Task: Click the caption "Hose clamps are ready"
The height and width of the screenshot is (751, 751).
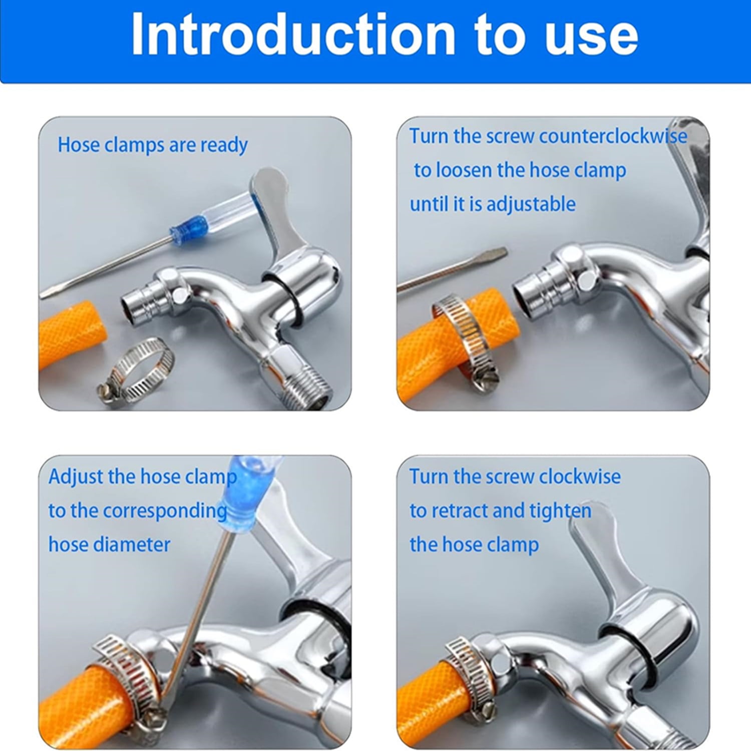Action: click(153, 146)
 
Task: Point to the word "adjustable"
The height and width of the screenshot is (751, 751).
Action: click(531, 204)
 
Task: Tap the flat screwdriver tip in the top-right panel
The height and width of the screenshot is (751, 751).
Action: click(496, 254)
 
